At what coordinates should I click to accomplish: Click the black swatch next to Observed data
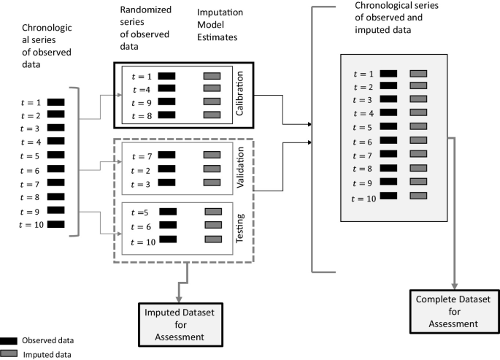[x=9, y=340]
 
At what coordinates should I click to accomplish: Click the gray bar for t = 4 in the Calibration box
[x=212, y=88]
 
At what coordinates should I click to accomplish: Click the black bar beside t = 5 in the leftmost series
[x=56, y=155]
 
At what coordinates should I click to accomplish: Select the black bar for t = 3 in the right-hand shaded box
[x=388, y=99]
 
